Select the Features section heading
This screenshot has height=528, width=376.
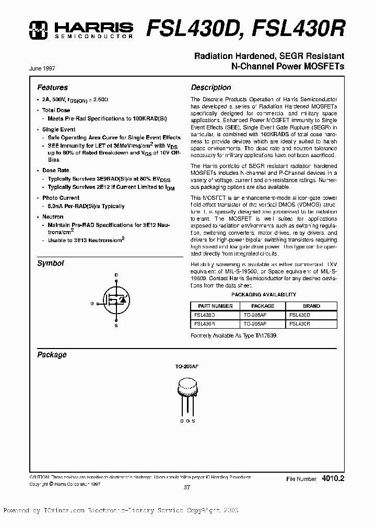click(x=52, y=88)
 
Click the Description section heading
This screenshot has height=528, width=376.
click(x=210, y=88)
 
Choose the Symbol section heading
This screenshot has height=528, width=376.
click(x=50, y=263)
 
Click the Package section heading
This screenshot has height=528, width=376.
click(x=52, y=355)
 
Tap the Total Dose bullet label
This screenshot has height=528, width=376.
click(x=56, y=111)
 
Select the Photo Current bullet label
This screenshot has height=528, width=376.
click(x=61, y=198)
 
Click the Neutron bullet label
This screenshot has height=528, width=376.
click(x=53, y=217)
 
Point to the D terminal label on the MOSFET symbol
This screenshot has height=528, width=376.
click(x=116, y=275)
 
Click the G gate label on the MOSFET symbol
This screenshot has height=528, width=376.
click(x=91, y=303)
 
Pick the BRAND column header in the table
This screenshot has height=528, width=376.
click(x=312, y=306)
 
